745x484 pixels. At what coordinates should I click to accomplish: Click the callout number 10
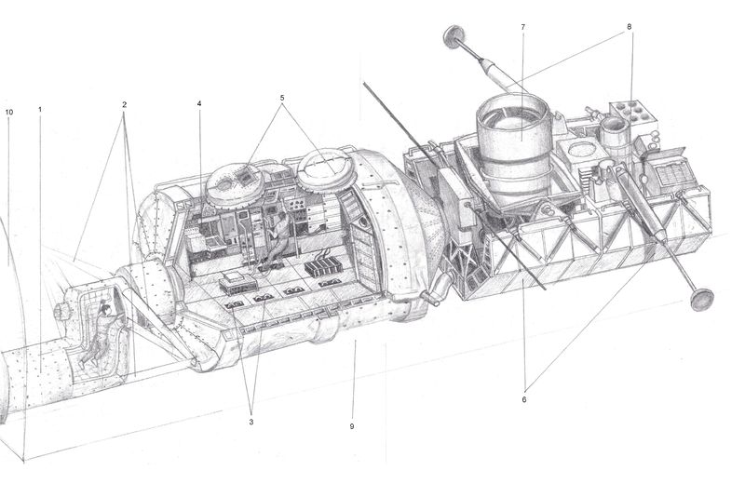[9, 112]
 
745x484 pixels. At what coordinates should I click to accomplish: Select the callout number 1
[40, 110]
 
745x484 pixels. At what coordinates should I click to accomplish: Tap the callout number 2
[124, 104]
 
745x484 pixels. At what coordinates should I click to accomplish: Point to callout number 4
[199, 103]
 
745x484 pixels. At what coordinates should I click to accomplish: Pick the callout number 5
[282, 97]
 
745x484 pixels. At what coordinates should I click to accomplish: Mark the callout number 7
[523, 27]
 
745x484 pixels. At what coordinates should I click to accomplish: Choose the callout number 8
[630, 27]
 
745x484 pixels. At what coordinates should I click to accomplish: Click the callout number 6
[524, 399]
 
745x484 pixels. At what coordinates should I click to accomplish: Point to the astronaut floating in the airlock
[100, 330]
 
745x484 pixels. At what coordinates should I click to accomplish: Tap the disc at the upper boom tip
[454, 37]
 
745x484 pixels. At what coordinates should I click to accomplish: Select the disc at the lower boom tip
[700, 299]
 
